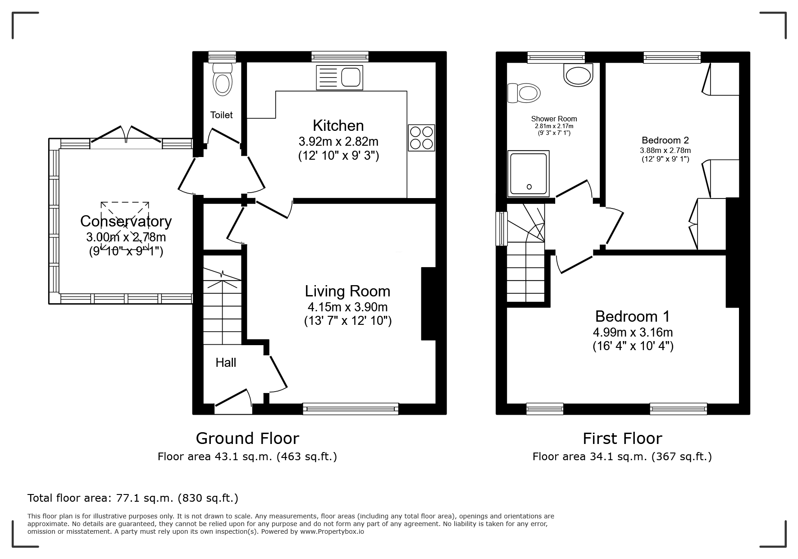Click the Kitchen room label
click(x=338, y=125)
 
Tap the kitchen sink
click(x=340, y=77)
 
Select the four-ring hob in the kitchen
click(x=421, y=138)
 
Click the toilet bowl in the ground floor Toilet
click(x=222, y=79)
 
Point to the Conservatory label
click(x=126, y=221)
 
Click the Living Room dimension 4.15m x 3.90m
click(x=347, y=307)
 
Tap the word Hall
click(x=226, y=363)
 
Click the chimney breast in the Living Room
click(x=428, y=304)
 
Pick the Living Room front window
click(x=351, y=409)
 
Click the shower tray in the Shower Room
click(x=529, y=174)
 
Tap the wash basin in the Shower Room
click(x=578, y=74)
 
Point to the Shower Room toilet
click(x=523, y=93)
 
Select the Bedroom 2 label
click(x=665, y=140)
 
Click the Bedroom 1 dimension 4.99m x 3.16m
click(x=633, y=333)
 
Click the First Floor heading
click(x=622, y=439)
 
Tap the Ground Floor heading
click(x=247, y=439)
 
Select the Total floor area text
click(x=133, y=498)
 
